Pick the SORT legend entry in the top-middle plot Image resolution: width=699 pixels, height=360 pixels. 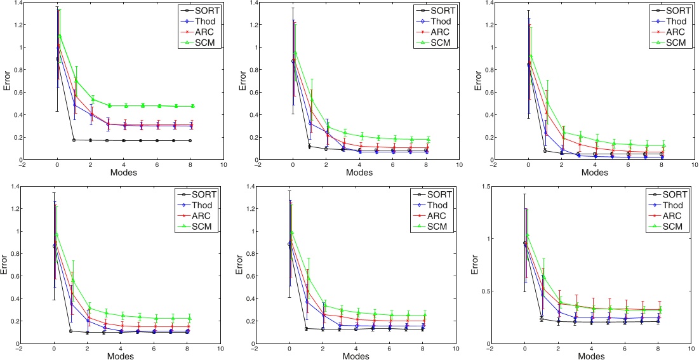coord(435,10)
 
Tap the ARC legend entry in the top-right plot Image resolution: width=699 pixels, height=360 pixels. coord(671,32)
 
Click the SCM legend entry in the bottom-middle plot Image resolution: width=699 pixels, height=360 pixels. coord(435,227)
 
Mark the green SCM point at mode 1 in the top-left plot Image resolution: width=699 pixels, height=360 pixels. coord(76,81)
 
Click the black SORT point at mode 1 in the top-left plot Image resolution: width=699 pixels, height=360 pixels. coord(74,140)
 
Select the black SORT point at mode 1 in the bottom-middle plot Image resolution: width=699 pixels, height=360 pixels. coord(307,328)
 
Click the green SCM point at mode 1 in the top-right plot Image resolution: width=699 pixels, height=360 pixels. coord(546,102)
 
